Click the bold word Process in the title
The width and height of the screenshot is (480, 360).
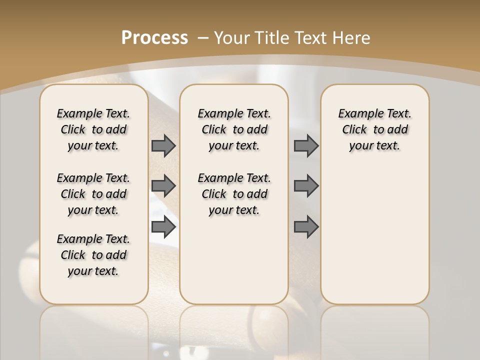(154, 37)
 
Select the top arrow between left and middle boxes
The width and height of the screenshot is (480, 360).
(163, 145)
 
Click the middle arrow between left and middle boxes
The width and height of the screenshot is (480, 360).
(163, 186)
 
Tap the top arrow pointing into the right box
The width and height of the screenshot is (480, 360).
(306, 145)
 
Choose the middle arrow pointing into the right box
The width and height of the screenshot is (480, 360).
(306, 186)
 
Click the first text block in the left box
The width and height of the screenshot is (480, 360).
(93, 129)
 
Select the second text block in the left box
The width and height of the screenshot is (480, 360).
(93, 194)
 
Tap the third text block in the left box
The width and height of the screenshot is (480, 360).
(93, 255)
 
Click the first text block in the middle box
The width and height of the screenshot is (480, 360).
(234, 129)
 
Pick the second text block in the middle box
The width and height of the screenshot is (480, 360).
(234, 194)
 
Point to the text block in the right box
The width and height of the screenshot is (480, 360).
(375, 129)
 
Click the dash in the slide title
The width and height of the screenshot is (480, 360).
(203, 37)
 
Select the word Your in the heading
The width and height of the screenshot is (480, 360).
(232, 37)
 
